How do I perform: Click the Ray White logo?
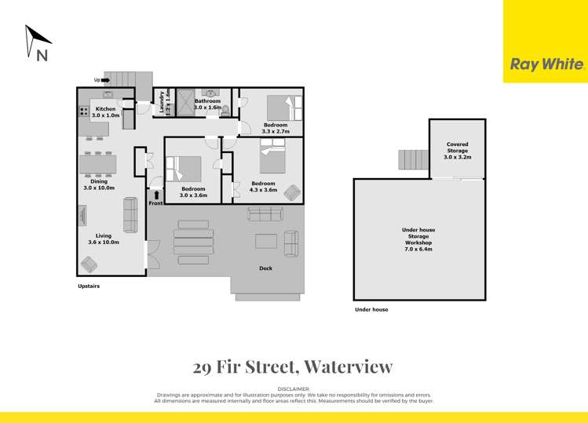(546, 64)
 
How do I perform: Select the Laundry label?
(162, 102)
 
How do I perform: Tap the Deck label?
(265, 268)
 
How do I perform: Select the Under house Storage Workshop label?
(418, 236)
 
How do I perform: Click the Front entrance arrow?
(156, 195)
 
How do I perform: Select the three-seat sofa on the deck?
(265, 213)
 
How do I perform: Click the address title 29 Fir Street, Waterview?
(293, 366)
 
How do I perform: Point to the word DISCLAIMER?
(294, 388)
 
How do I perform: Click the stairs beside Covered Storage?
(412, 159)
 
